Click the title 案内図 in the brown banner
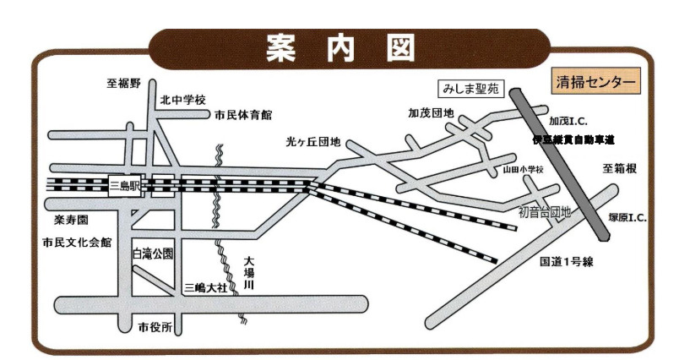pyautogui.click(x=341, y=49)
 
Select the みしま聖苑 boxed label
pyautogui.click(x=471, y=87)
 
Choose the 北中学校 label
pyautogui.click(x=183, y=100)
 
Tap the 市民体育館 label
pyautogui.click(x=243, y=114)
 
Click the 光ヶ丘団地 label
pyautogui.click(x=312, y=142)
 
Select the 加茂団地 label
pyautogui.click(x=431, y=112)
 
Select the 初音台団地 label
pyautogui.click(x=545, y=212)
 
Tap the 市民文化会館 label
pyautogui.click(x=77, y=243)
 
